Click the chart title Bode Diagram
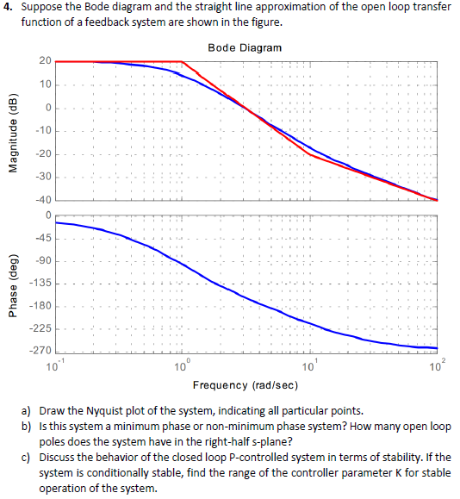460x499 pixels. click(245, 47)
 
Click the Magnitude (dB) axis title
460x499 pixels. click(13, 130)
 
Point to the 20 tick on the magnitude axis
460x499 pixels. click(45, 61)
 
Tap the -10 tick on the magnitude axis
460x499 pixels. click(42, 131)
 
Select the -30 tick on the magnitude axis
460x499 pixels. click(42, 177)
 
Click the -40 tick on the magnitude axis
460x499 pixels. click(42, 200)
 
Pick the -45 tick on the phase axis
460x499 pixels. click(42, 239)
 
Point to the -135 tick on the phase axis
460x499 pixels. click(40, 284)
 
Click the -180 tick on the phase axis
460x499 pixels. click(40, 307)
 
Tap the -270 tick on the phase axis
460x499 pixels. click(40, 352)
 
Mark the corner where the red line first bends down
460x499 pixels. click(183, 61)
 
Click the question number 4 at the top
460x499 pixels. click(8, 8)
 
